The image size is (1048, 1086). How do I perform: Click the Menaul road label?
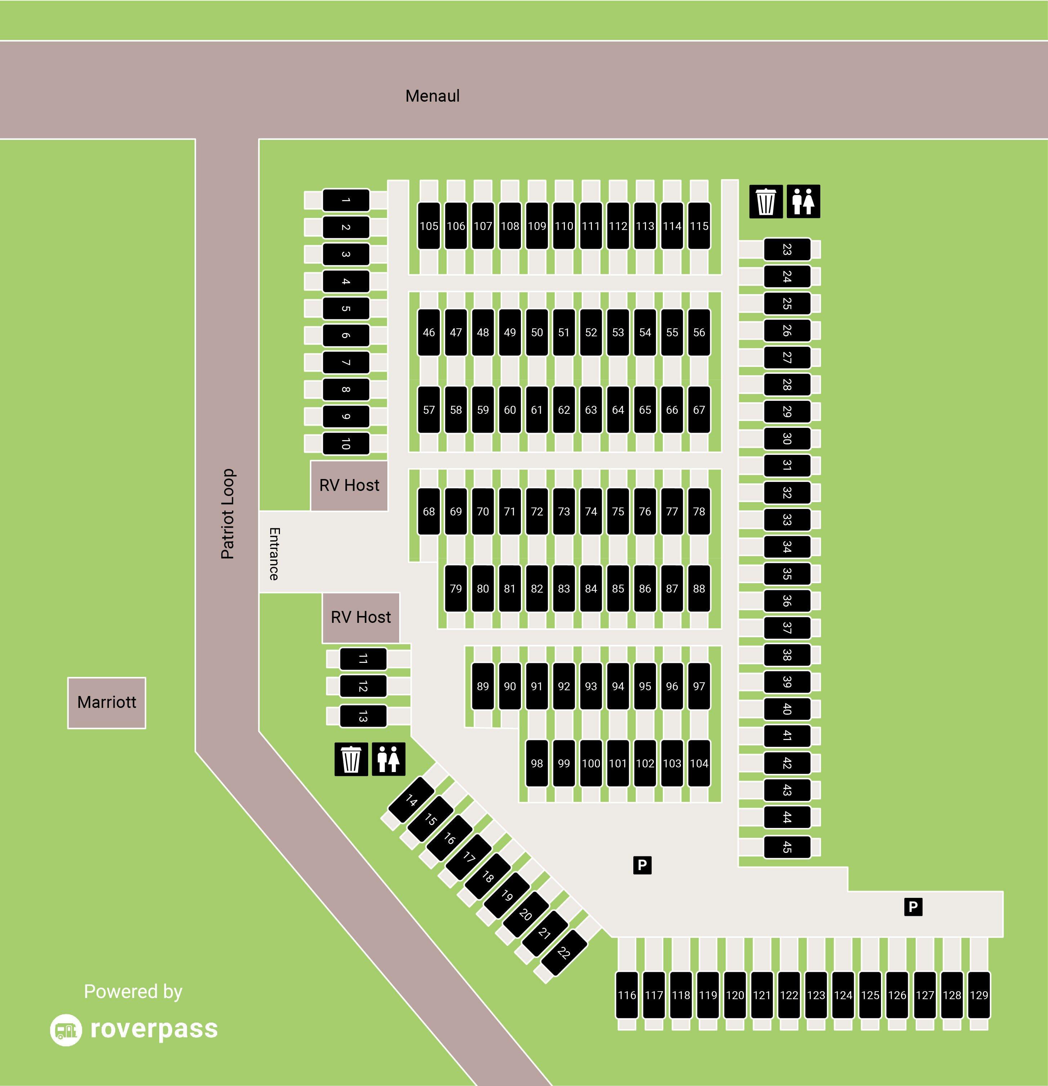click(432, 96)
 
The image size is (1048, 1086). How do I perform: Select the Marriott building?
click(106, 702)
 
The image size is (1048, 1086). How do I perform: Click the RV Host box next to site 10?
click(349, 486)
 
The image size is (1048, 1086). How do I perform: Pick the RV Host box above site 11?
click(361, 617)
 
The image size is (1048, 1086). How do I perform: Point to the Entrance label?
click(274, 554)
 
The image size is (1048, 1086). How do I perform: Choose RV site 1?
click(345, 200)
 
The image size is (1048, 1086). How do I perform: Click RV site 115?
click(699, 226)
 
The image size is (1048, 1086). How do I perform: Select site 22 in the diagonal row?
click(563, 953)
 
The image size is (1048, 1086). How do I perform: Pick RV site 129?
click(979, 994)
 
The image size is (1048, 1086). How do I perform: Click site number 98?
click(537, 763)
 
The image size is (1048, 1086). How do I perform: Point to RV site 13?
click(363, 717)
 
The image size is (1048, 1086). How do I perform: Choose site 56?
click(699, 332)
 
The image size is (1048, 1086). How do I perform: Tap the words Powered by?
click(133, 991)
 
